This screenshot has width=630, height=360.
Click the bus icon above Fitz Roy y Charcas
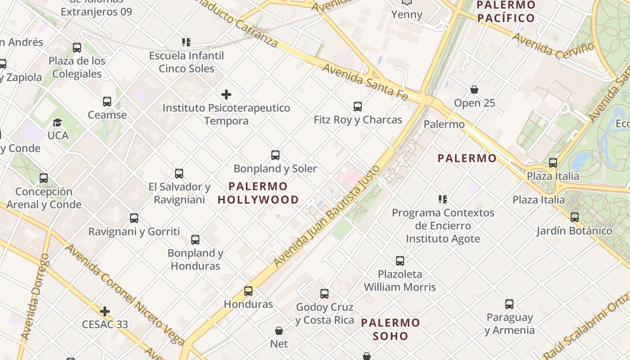(358, 107)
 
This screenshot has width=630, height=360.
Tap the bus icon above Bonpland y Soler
(275, 155)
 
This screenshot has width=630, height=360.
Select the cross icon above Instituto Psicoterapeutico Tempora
(226, 94)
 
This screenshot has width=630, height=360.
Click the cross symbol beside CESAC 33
(105, 311)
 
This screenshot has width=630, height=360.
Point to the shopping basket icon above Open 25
(474, 90)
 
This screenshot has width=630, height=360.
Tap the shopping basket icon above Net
(279, 331)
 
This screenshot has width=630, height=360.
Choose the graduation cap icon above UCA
(58, 122)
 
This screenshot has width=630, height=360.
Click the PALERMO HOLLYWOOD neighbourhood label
(258, 193)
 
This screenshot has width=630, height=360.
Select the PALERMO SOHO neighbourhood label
(390, 329)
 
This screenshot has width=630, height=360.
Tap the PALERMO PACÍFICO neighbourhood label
(506, 12)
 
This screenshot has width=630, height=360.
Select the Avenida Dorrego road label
(35, 297)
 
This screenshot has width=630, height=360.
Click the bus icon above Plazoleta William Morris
(400, 261)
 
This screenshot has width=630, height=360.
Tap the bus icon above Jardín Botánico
(575, 217)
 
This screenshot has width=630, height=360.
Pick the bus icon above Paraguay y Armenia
(509, 304)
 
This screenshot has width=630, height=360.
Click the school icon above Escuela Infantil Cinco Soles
(186, 42)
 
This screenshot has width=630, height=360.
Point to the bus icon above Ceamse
(107, 102)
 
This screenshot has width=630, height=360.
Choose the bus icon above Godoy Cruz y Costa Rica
(324, 294)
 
